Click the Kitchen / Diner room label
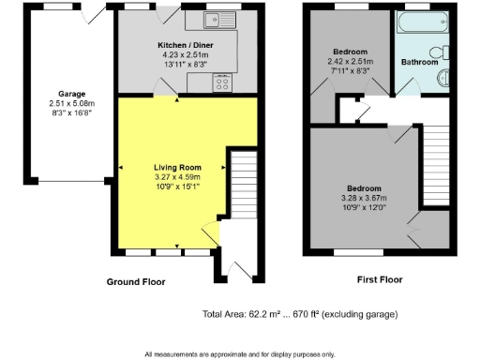(177, 44)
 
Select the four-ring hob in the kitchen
(223, 83)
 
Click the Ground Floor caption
(138, 281)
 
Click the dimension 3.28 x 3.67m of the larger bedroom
(362, 198)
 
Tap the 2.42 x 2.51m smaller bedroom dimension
(349, 61)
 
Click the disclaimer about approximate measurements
(239, 354)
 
